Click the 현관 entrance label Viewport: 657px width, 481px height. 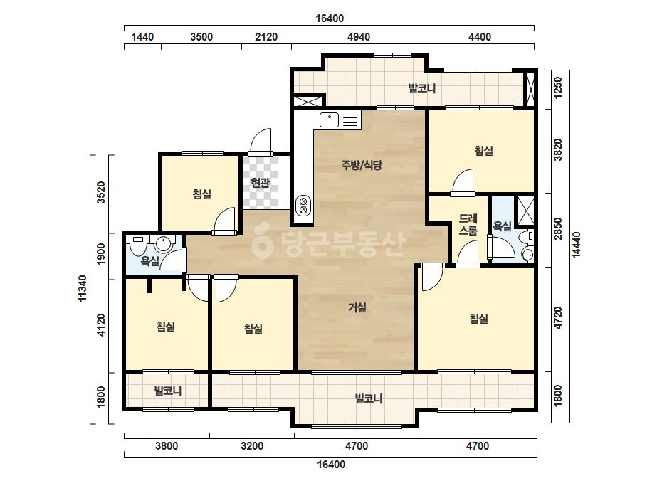[260, 183]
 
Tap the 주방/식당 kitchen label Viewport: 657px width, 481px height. [362, 165]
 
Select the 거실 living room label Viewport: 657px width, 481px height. [357, 308]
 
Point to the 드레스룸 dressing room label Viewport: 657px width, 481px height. [468, 224]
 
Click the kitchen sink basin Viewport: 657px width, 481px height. [330, 120]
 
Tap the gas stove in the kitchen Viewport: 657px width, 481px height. [303, 206]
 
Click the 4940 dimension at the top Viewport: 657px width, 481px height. [359, 37]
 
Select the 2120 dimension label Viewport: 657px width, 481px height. [266, 37]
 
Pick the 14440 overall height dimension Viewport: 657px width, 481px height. [577, 245]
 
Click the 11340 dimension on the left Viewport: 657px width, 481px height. [82, 288]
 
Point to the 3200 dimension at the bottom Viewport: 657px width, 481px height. [252, 446]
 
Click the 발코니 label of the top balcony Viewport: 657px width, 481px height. [422, 88]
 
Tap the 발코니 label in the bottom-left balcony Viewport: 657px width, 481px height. [168, 391]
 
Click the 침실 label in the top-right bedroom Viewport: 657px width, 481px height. [484, 151]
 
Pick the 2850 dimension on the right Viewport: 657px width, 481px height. [558, 229]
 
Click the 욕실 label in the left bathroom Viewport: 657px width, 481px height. [149, 261]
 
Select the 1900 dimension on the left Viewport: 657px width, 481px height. [101, 254]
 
